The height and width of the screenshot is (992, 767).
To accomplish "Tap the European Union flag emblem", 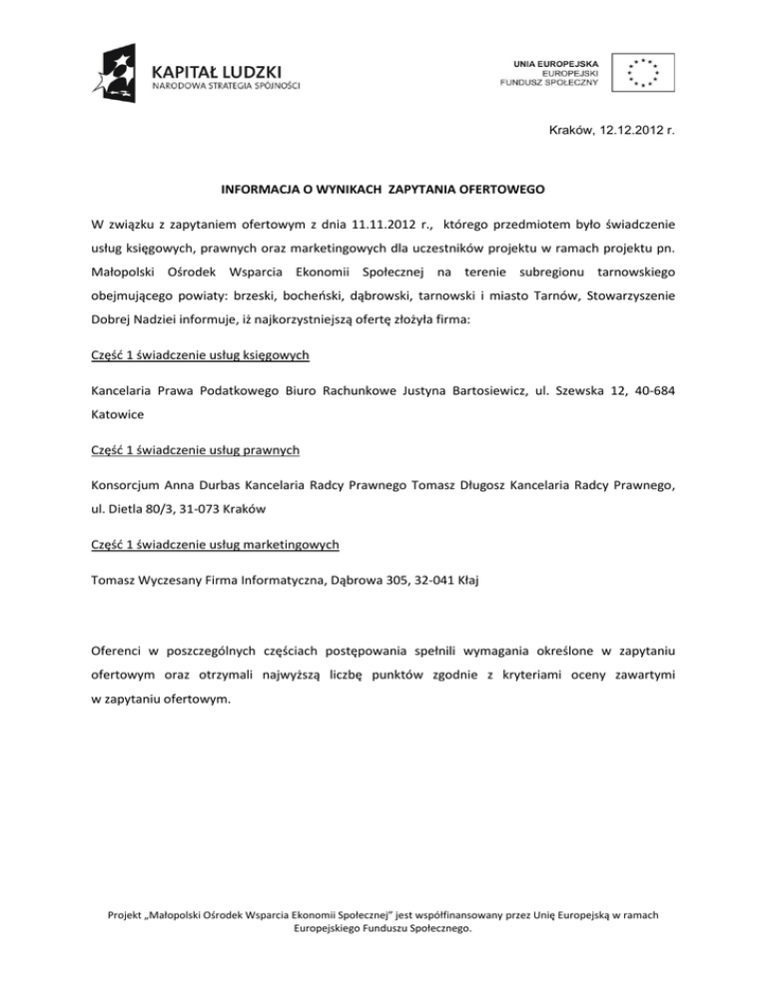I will [643, 73].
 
